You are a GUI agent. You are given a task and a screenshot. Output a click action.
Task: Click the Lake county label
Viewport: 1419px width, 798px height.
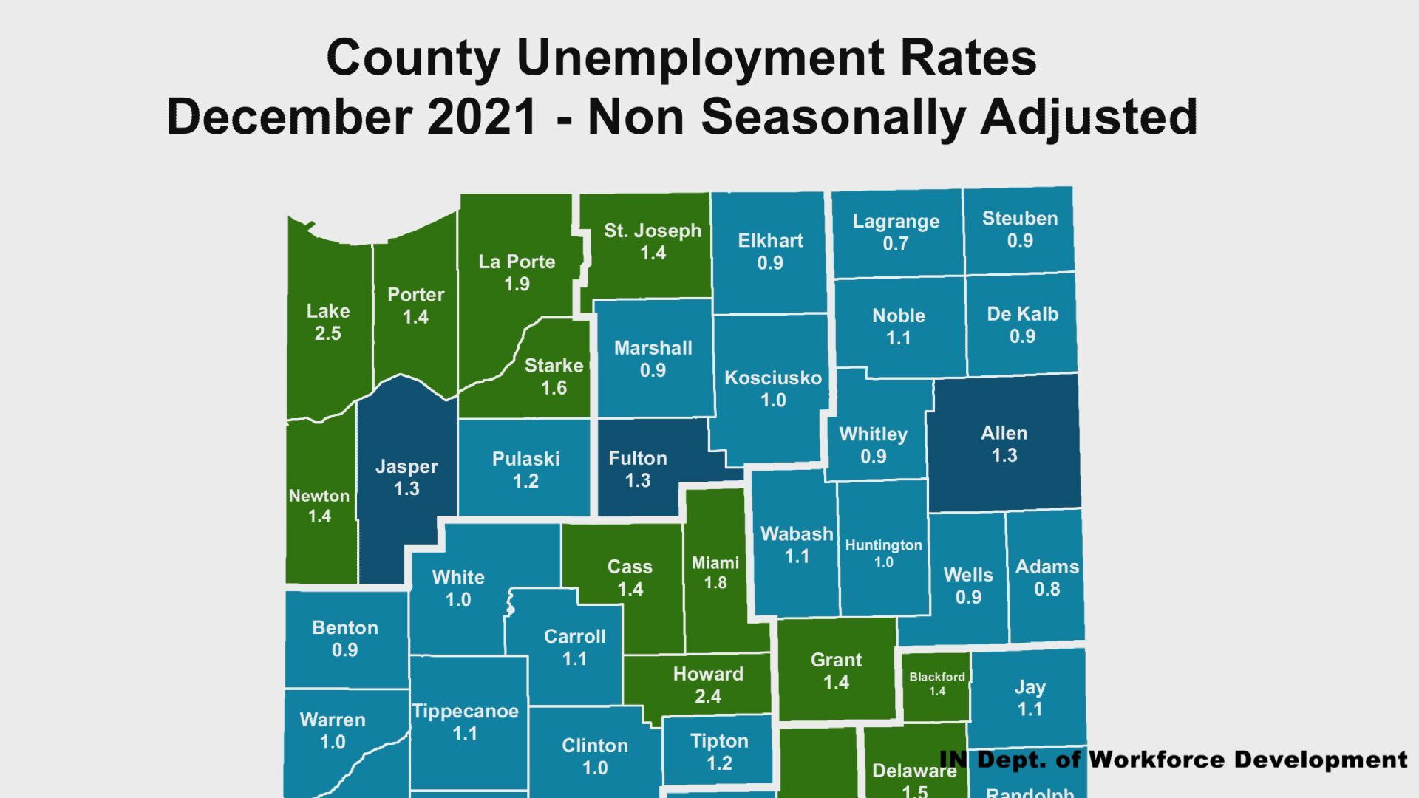pyautogui.click(x=328, y=311)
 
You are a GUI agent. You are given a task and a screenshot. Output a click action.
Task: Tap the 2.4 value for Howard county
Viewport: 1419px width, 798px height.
pyautogui.click(x=707, y=696)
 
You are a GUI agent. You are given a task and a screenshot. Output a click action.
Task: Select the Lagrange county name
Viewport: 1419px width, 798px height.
pyautogui.click(x=896, y=221)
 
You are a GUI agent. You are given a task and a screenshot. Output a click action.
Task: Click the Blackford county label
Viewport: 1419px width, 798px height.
pyautogui.click(x=936, y=677)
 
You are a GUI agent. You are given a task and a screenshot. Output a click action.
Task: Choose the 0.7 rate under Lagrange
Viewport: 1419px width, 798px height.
pyautogui.click(x=895, y=244)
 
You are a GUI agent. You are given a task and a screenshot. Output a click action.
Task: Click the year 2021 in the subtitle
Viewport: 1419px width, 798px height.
pyautogui.click(x=481, y=117)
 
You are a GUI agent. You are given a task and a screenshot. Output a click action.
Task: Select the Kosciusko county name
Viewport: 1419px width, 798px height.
pyautogui.click(x=772, y=378)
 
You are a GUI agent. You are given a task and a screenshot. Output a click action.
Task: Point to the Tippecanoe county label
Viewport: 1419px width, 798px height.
pyautogui.click(x=465, y=712)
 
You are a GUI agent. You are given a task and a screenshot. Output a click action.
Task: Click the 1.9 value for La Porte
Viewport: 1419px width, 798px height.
pyautogui.click(x=517, y=284)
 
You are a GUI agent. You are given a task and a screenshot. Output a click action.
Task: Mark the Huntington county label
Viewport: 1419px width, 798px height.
pyautogui.click(x=883, y=545)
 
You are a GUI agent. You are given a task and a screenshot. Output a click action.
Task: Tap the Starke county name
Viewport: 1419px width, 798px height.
pyautogui.click(x=554, y=366)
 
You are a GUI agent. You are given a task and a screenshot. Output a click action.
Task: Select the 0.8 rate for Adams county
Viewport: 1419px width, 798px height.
pyautogui.click(x=1047, y=590)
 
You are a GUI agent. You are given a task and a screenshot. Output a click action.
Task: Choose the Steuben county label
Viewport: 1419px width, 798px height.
pyautogui.click(x=1019, y=219)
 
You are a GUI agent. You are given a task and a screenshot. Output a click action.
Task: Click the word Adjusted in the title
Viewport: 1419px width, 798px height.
pyautogui.click(x=1089, y=117)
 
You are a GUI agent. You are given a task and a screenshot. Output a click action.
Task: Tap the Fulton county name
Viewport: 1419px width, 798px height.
pyautogui.click(x=637, y=458)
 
